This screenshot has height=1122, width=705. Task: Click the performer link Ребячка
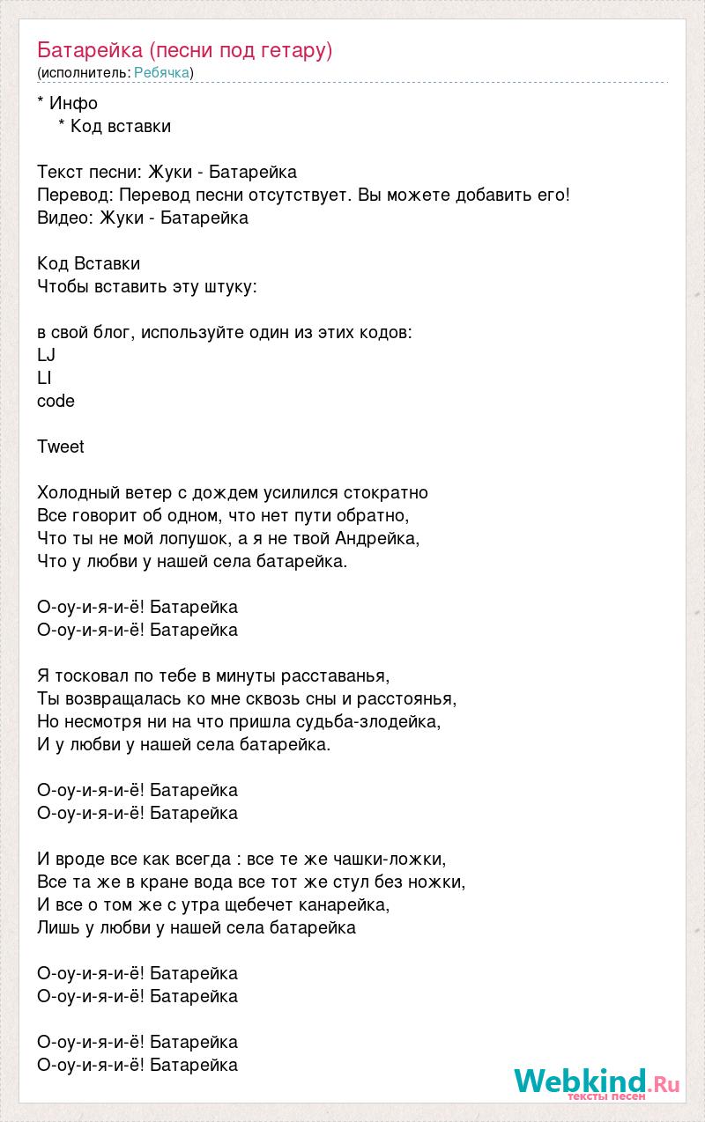coord(162,72)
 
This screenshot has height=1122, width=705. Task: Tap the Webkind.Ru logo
coord(597,1081)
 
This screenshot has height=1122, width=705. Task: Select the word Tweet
coord(61,447)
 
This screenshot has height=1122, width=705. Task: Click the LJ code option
coord(47,355)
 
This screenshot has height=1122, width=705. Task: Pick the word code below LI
coord(56,401)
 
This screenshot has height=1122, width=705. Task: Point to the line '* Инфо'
coord(68,103)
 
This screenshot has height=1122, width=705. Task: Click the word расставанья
coord(334,675)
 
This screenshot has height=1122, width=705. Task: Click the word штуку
coord(230,286)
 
